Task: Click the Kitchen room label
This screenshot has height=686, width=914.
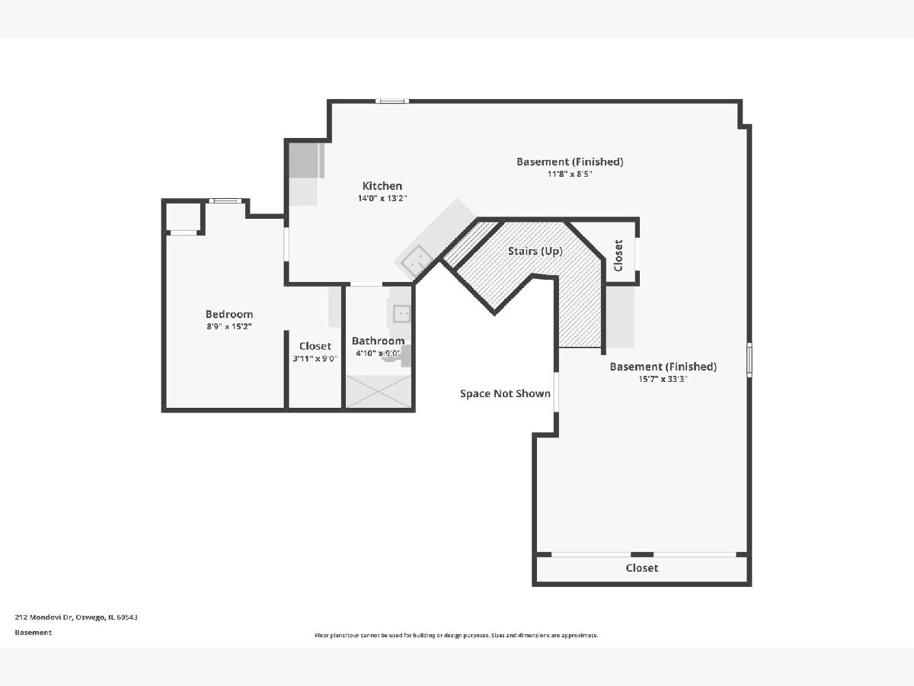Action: (382, 186)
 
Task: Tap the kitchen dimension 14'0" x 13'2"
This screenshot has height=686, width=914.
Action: (382, 198)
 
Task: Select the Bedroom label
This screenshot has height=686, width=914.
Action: (229, 314)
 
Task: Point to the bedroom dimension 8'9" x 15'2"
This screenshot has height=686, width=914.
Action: (229, 326)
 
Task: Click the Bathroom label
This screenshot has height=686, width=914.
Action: (378, 341)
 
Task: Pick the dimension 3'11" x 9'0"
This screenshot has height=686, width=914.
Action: (315, 358)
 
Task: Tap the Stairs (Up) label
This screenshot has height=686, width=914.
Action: (535, 252)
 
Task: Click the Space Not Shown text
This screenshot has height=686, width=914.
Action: (505, 393)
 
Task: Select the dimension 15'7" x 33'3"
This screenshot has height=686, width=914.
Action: (663, 379)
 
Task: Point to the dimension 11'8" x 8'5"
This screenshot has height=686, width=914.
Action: (570, 174)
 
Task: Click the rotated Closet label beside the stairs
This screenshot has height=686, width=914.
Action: (618, 255)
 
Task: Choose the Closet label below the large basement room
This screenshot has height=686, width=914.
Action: (641, 568)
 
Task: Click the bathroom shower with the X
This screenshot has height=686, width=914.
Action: (379, 392)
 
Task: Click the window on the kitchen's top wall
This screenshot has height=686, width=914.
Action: (392, 101)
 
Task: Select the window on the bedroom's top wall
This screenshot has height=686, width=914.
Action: (225, 200)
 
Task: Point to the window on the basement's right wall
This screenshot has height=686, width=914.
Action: (749, 360)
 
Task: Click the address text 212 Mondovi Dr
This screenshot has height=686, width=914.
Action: (44, 617)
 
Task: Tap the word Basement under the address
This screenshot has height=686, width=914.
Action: (34, 633)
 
